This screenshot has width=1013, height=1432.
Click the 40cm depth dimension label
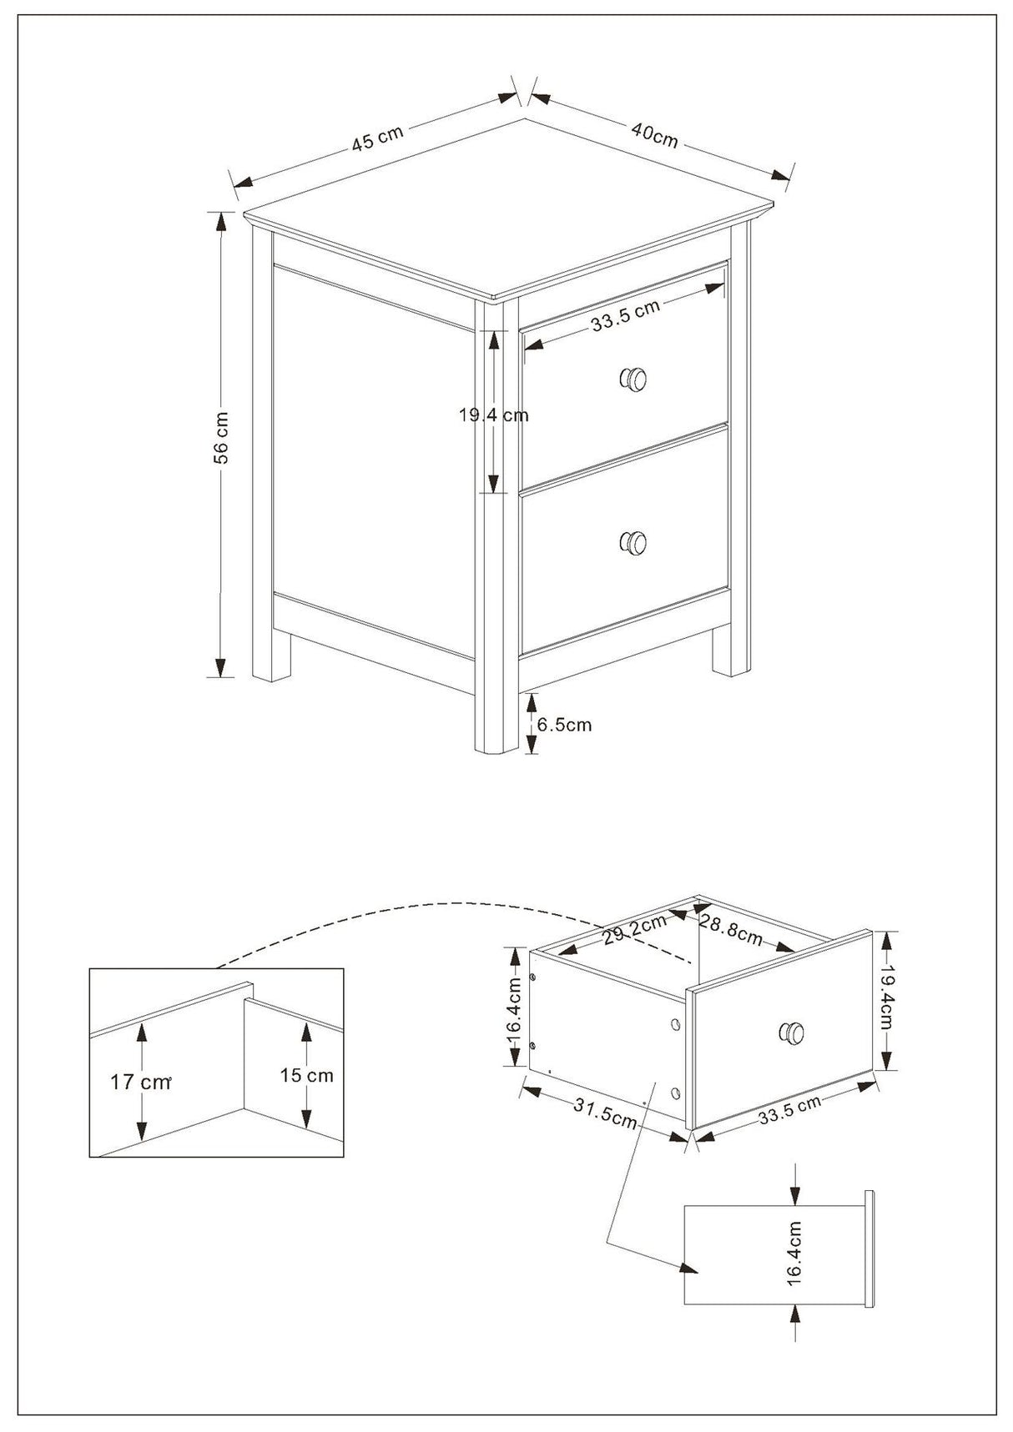click(x=655, y=134)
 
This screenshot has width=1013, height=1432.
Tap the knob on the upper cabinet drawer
click(x=633, y=379)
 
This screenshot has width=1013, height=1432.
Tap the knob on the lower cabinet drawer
click(x=633, y=543)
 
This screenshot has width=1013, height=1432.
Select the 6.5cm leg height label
click(x=564, y=725)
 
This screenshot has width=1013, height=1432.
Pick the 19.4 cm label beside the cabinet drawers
click(x=493, y=415)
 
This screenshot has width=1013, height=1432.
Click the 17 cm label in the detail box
click(x=140, y=1083)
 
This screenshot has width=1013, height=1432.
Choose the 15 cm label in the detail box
click(x=306, y=1075)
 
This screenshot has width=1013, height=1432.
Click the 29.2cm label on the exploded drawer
click(x=635, y=930)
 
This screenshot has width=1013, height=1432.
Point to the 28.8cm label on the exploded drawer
click(x=731, y=931)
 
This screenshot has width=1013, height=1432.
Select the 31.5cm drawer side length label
click(x=606, y=1113)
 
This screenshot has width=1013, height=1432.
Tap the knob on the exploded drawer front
click(x=792, y=1033)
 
